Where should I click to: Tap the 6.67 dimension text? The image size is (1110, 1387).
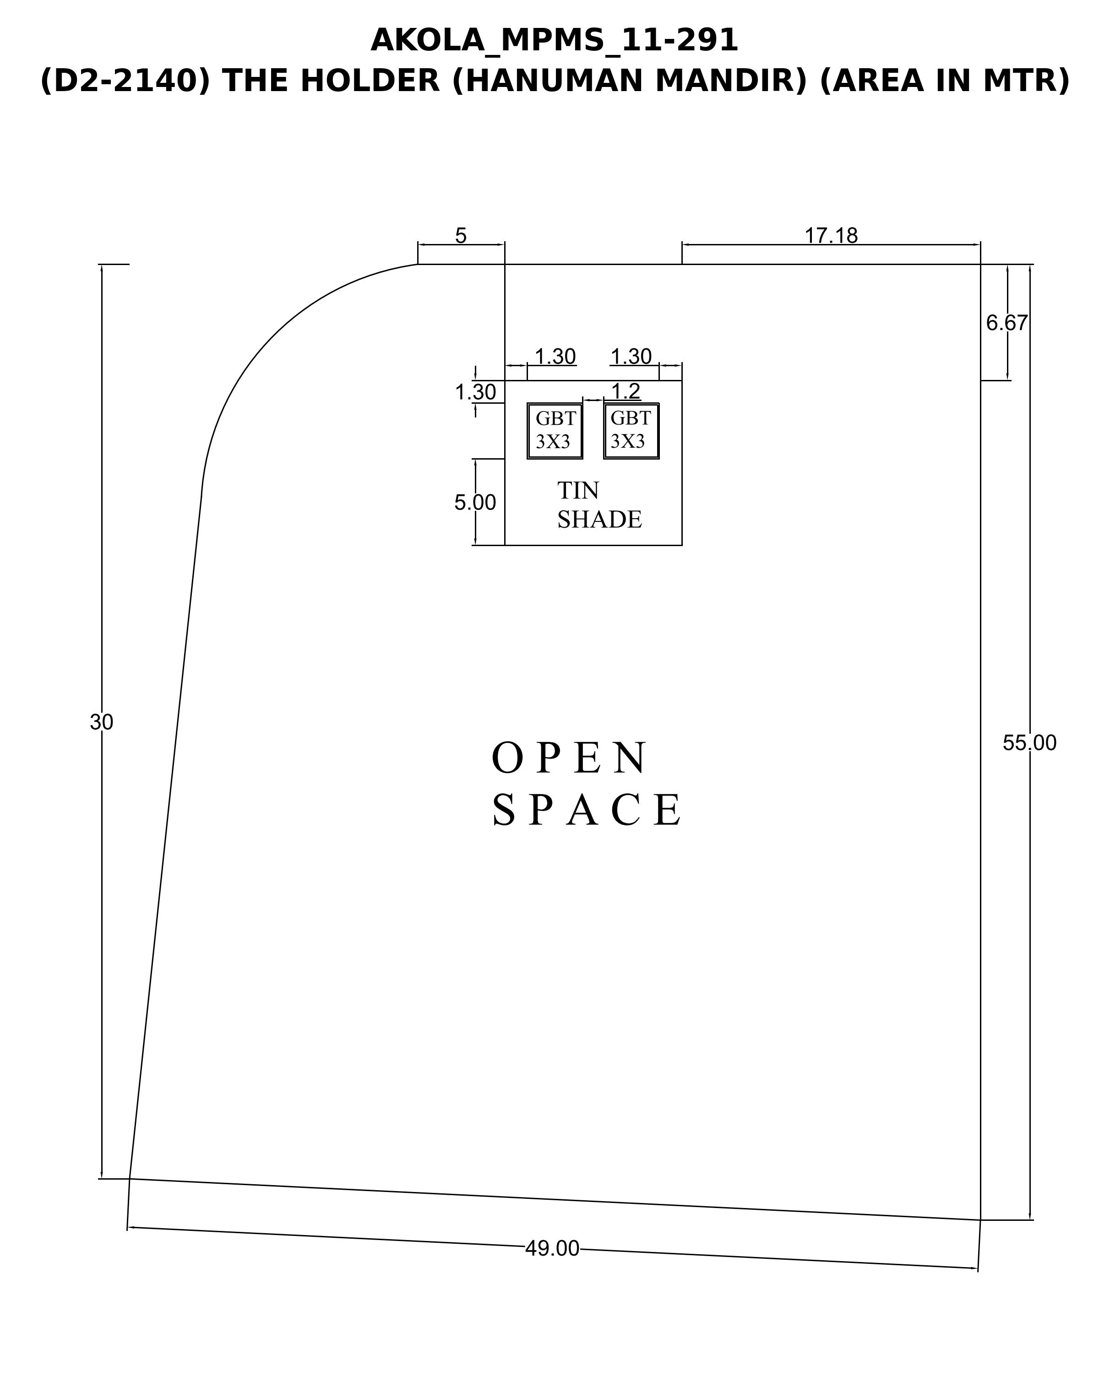(1007, 323)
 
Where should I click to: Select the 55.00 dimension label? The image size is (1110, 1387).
(1029, 743)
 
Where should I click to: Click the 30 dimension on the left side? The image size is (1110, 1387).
(102, 722)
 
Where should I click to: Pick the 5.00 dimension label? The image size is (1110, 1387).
(475, 503)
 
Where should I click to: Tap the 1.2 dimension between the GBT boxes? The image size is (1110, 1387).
(626, 390)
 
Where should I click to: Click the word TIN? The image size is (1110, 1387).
(578, 490)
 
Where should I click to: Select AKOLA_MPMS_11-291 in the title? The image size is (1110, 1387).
(554, 41)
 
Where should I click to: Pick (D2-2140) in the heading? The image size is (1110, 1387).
(125, 81)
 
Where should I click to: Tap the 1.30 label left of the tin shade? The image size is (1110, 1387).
(475, 392)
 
